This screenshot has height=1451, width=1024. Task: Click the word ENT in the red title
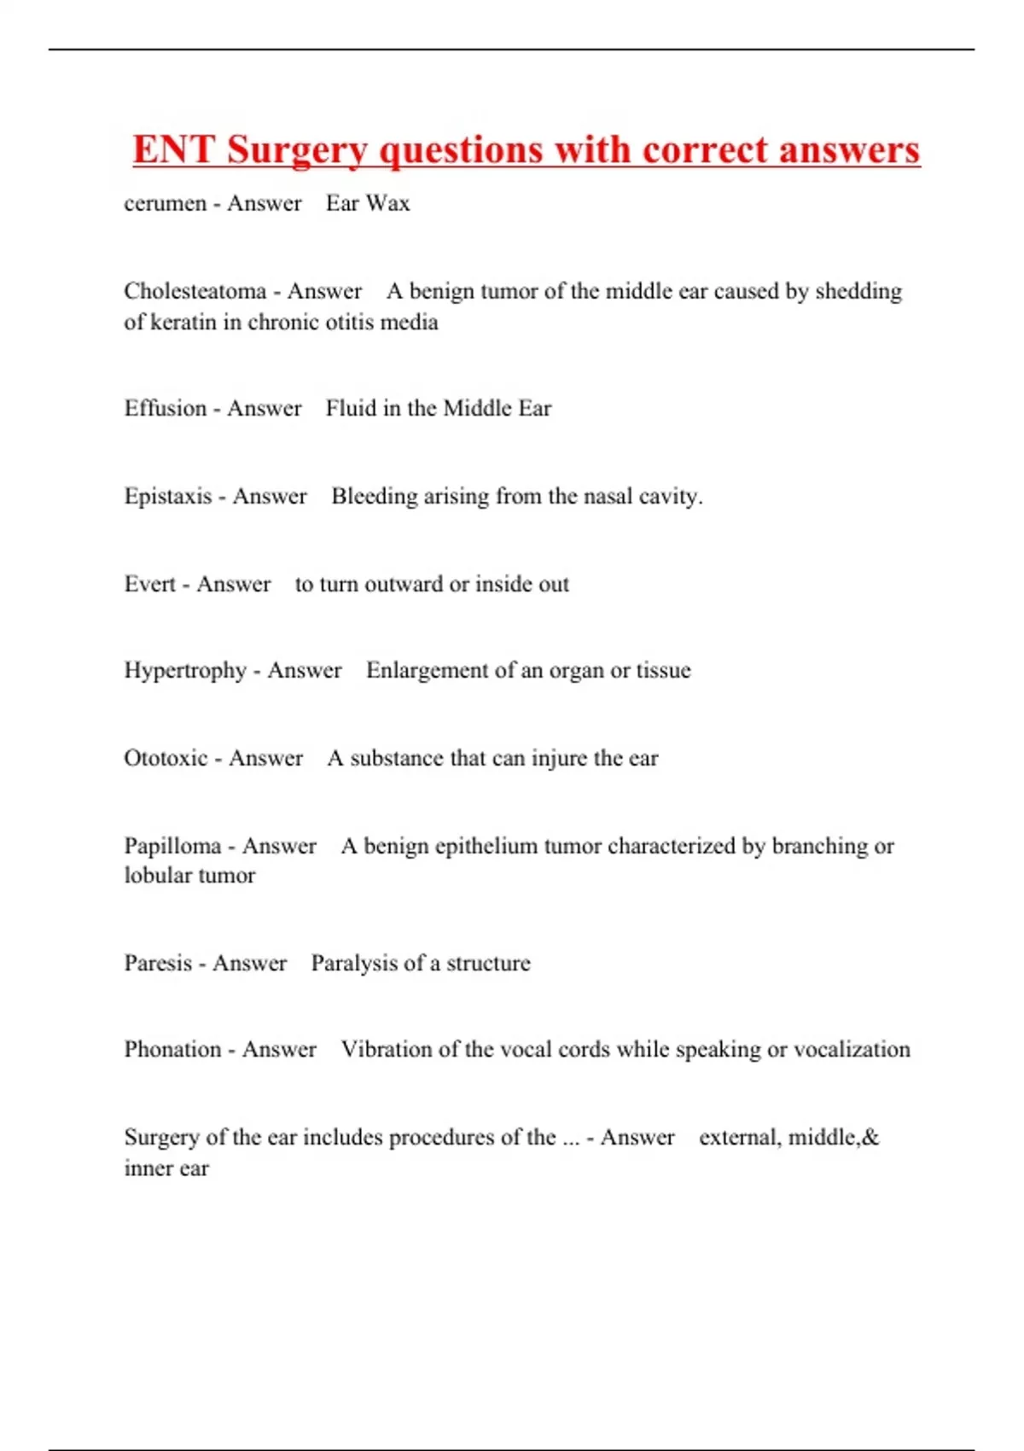click(173, 150)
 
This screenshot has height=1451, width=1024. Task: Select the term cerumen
click(165, 204)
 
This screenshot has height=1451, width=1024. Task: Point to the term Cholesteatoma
click(195, 291)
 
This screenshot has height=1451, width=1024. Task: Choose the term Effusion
click(165, 408)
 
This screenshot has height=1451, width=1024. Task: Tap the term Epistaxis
click(167, 496)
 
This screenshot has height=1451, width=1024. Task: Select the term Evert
click(149, 584)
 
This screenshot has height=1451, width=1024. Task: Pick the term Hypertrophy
click(184, 671)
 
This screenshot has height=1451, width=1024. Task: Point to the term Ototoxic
click(166, 758)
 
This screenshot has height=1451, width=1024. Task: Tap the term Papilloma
click(172, 846)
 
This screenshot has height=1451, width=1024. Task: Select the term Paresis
click(158, 963)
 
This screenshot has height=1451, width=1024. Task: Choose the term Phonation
click(172, 1049)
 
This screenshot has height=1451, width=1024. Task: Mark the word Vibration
click(386, 1049)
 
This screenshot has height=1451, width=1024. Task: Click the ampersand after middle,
click(870, 1137)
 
